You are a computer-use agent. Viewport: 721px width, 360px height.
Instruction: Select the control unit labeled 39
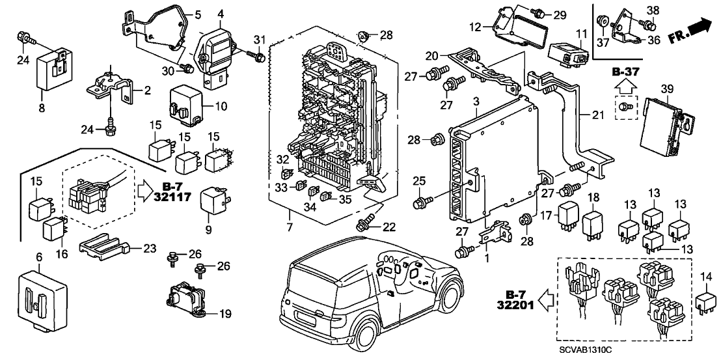pos(666,124)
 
